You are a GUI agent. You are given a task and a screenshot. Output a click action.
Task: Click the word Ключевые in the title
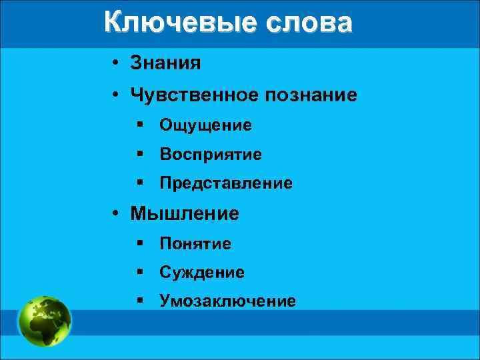[x=181, y=23]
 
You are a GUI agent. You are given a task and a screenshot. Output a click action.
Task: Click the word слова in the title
[x=309, y=23]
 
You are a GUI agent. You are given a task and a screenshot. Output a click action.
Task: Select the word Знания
[x=165, y=64]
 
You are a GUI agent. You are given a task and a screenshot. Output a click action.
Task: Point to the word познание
[x=312, y=96]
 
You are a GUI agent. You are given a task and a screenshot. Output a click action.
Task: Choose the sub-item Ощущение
[x=205, y=125]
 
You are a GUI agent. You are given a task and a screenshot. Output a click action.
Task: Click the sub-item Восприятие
[x=211, y=155]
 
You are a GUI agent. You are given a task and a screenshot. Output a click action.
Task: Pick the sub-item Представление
[x=225, y=183]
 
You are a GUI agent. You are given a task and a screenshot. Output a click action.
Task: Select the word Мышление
[x=185, y=214]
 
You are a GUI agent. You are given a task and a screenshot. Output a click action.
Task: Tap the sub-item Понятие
[x=195, y=244]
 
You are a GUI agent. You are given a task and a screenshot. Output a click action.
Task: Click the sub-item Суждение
[x=202, y=273]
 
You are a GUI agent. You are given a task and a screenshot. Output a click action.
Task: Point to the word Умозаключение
[x=227, y=301]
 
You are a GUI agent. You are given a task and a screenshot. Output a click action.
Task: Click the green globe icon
[x=45, y=321]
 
